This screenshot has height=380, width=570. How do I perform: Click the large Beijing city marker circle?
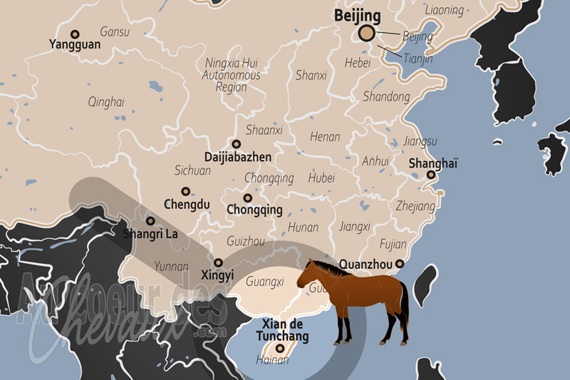(367, 33)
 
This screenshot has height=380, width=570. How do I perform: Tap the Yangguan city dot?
(75, 34)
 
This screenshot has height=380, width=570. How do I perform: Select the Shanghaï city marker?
(431, 175)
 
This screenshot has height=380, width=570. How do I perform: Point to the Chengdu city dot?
(186, 191)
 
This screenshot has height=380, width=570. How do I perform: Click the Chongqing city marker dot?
(248, 197)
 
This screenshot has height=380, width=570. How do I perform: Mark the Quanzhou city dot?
(400, 264)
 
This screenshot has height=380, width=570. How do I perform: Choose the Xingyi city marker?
(219, 262)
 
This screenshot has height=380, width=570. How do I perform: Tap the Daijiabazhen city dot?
(237, 143)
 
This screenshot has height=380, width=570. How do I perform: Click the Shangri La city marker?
(151, 221)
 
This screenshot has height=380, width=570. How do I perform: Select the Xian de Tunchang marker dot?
(280, 349)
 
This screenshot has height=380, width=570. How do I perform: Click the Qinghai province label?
(105, 102)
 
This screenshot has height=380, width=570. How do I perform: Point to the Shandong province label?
(387, 96)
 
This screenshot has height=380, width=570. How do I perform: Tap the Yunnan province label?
(171, 267)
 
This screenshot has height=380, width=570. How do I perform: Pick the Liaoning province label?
(444, 11)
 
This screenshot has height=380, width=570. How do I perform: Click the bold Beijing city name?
(358, 15)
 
